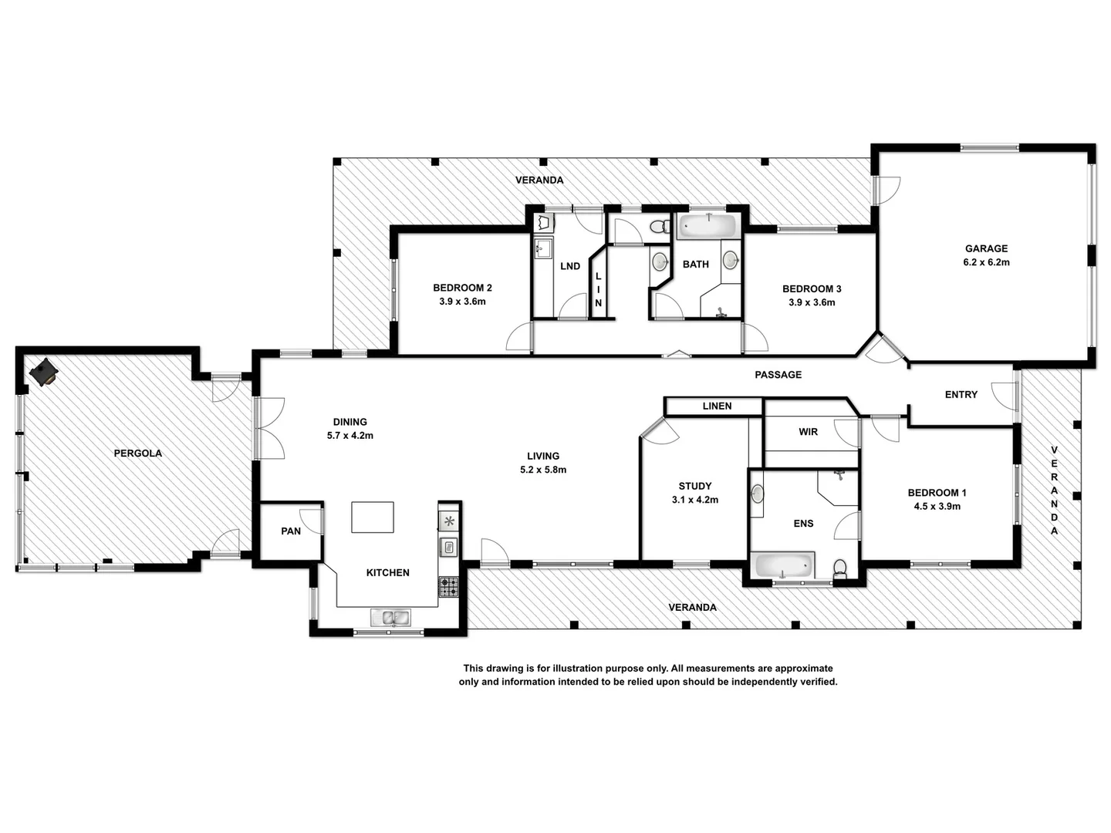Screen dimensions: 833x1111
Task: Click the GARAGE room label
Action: (x=986, y=248)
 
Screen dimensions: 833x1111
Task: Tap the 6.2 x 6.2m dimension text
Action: (x=986, y=262)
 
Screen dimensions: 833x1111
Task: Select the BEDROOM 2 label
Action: (x=462, y=288)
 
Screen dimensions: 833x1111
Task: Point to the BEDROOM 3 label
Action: (x=812, y=288)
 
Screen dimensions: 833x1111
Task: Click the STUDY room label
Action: (x=694, y=486)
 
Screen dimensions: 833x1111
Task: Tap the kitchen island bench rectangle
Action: (x=373, y=517)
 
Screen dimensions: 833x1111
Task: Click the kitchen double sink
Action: (x=390, y=617)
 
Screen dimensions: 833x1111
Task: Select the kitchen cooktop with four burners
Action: (x=448, y=587)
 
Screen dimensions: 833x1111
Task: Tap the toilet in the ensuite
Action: (x=840, y=569)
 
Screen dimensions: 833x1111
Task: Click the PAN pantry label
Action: (x=291, y=531)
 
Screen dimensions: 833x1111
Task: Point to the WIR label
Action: (x=808, y=432)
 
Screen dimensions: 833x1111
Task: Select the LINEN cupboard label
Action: (x=717, y=406)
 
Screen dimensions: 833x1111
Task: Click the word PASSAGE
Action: (x=778, y=375)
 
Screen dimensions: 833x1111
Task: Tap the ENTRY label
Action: (x=961, y=395)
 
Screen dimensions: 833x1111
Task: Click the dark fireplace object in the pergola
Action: (x=43, y=373)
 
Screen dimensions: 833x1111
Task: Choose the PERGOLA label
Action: (x=138, y=454)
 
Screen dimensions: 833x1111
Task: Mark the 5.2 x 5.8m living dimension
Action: (x=543, y=470)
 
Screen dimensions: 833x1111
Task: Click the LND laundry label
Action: (x=570, y=266)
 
